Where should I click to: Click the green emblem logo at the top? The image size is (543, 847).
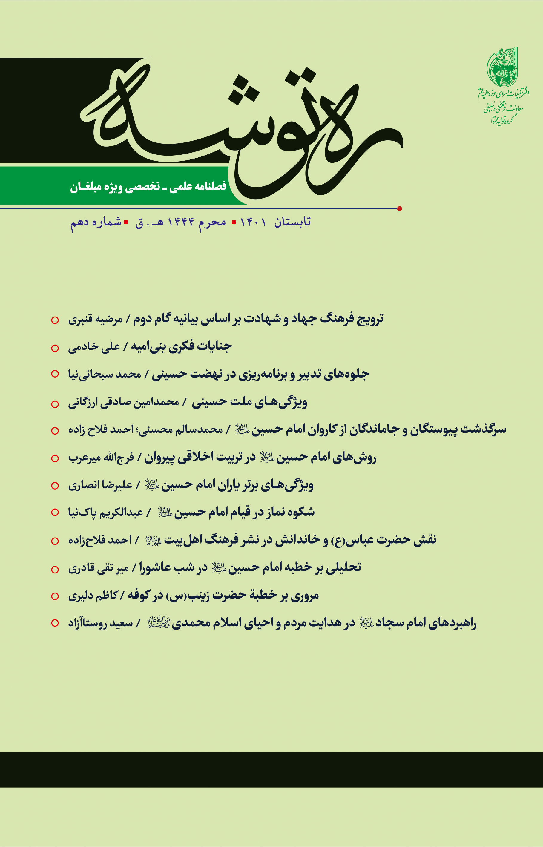[x=502, y=68]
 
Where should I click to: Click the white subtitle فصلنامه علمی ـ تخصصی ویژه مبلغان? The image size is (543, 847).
[x=148, y=186]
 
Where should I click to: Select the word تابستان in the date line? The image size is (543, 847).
[x=292, y=222]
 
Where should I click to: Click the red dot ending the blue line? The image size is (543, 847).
[x=400, y=209]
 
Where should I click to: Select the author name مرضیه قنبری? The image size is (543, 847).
[x=95, y=319]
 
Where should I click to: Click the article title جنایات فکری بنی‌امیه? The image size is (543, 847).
[x=182, y=346]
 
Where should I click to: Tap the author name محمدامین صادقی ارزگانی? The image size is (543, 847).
[x=123, y=402]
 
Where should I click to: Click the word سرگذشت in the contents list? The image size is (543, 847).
[x=483, y=429]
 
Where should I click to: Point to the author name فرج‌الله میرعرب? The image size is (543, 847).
[x=101, y=458]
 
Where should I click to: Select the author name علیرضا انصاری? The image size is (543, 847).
[x=100, y=485]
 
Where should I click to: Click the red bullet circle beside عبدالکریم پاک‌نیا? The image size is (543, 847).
[x=55, y=512]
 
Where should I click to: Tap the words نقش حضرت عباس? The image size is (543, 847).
[x=391, y=540]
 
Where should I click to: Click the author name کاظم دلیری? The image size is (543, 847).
[x=93, y=596]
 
